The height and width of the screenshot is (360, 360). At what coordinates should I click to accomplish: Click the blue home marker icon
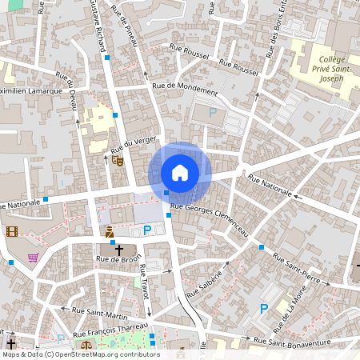coord(180,173)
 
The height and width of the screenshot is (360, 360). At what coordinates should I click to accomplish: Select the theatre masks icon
coord(118,160)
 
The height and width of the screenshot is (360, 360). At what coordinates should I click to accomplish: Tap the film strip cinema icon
coord(11,232)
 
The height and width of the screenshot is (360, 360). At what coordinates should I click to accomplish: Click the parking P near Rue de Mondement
coord(213,114)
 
